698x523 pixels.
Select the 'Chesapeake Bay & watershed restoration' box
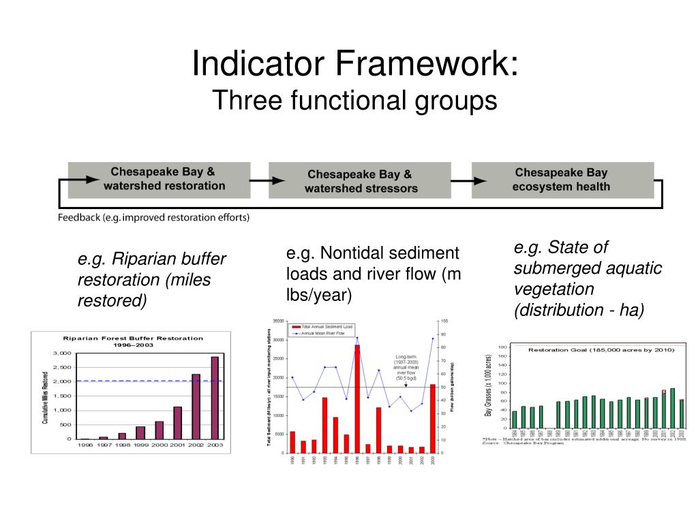(159, 179)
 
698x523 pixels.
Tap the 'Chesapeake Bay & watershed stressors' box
(359, 180)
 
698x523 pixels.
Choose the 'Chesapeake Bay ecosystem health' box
(562, 180)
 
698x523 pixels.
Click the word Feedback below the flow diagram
(78, 218)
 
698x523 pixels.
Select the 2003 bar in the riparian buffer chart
(215, 398)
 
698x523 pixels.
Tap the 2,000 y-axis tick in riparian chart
(61, 381)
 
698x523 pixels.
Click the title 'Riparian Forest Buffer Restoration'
(133, 338)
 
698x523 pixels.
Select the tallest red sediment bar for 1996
(356, 398)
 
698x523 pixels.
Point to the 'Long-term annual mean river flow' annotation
(406, 368)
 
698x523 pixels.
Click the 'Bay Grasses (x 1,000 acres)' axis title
(489, 385)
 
